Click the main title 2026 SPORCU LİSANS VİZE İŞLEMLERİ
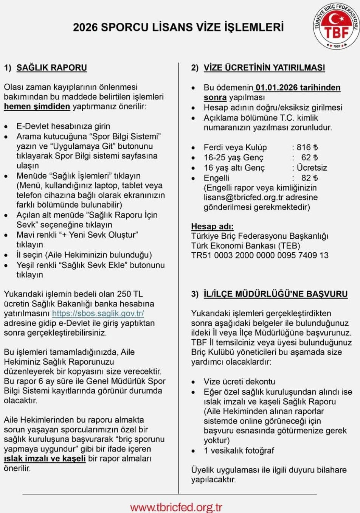tap(178, 27)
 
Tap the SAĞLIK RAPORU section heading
tap(52, 68)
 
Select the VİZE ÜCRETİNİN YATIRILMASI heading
tap(264, 68)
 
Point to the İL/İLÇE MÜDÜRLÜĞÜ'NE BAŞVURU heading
tap(275, 294)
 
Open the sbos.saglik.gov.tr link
tap(98, 313)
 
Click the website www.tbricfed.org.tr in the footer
tap(176, 507)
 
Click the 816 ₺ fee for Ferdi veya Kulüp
tap(307, 148)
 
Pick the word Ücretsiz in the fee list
tap(312, 168)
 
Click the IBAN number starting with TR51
tap(260, 255)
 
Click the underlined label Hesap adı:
tap(212, 227)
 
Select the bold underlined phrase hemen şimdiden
tap(37, 107)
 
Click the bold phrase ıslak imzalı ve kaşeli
tap(45, 459)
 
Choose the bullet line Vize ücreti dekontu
tap(239, 381)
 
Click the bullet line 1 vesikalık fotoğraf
tap(239, 451)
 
